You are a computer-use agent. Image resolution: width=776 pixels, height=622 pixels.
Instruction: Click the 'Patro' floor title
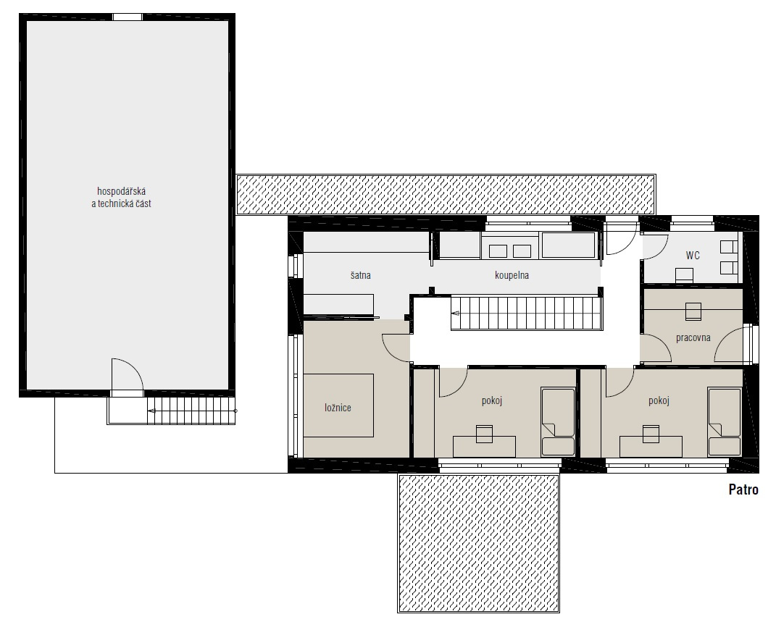coord(743,489)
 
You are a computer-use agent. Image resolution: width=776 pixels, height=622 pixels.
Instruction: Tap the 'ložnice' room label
coord(338,408)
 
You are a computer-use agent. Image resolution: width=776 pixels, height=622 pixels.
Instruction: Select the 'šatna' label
coord(361,275)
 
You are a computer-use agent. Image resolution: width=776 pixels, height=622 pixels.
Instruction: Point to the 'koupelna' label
coord(512,275)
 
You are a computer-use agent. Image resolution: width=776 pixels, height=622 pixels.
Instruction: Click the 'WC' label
coord(693,255)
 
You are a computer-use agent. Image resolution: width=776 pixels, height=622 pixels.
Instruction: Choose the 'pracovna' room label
coord(693,337)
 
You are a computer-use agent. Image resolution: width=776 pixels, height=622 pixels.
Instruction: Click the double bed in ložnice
coord(338,405)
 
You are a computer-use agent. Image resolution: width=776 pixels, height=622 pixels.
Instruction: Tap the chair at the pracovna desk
coord(693,311)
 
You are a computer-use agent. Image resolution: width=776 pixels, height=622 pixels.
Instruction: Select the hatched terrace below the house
coord(478,543)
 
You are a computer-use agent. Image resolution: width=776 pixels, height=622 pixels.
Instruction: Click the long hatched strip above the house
coord(446,194)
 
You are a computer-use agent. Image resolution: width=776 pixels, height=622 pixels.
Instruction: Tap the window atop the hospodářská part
coord(128,17)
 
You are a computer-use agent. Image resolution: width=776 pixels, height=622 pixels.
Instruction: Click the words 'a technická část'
coord(121,203)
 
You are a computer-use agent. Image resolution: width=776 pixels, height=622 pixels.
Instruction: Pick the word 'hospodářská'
coord(121,191)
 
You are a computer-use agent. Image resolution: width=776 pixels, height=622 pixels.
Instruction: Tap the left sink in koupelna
coord(498,251)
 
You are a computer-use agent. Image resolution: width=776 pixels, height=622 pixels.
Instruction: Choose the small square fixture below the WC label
coord(685,275)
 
